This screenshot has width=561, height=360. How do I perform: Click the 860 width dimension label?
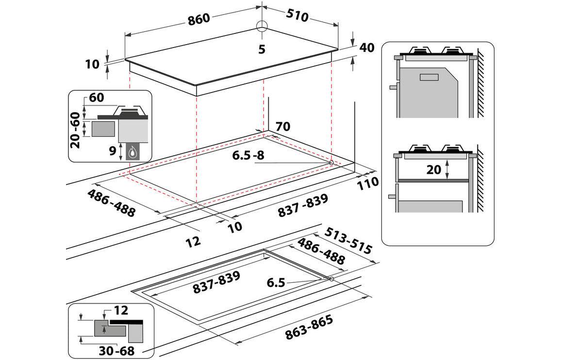pyautogui.click(x=199, y=18)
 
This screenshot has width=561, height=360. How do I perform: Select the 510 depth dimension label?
pyautogui.click(x=297, y=16)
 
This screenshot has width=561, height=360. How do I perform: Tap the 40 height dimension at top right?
pyautogui.click(x=367, y=48)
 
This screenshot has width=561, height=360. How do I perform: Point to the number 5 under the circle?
pyautogui.click(x=262, y=49)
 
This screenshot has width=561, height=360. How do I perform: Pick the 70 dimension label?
pyautogui.click(x=282, y=127)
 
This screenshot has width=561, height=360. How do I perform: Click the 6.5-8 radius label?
pyautogui.click(x=248, y=156)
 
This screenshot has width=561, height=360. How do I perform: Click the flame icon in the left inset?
pyautogui.click(x=132, y=153)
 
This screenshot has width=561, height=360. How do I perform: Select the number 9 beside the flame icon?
pyautogui.click(x=113, y=151)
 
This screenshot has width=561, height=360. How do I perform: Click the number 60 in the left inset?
pyautogui.click(x=96, y=98)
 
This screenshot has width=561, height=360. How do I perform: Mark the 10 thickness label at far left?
pyautogui.click(x=92, y=64)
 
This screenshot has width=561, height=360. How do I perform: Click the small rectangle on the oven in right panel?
pyautogui.click(x=429, y=77)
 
